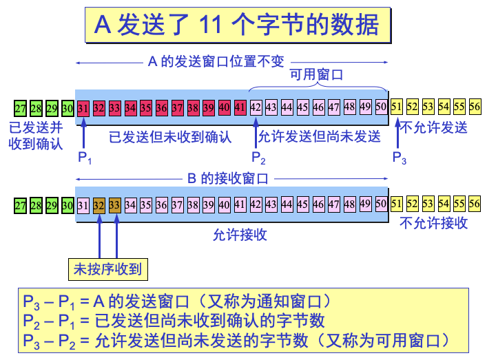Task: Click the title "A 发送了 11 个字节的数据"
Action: (x=236, y=25)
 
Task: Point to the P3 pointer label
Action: (x=400, y=158)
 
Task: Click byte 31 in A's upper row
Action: (x=83, y=107)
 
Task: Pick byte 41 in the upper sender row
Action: (x=240, y=107)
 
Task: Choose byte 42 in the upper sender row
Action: (x=256, y=107)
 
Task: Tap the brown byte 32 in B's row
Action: (x=99, y=204)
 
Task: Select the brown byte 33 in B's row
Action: (x=114, y=204)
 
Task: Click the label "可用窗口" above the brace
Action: (x=316, y=75)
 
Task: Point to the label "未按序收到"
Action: (x=107, y=269)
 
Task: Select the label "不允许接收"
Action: (x=434, y=222)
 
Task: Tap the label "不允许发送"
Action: (x=434, y=127)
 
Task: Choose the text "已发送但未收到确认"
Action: (x=170, y=136)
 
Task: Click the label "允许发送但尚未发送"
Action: (x=319, y=136)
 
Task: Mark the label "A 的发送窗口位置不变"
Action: (x=216, y=61)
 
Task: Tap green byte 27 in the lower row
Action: (x=20, y=205)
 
